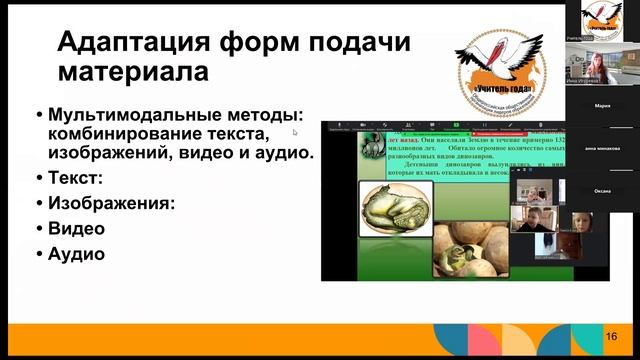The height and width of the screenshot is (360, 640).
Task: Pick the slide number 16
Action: pyautogui.click(x=611, y=336)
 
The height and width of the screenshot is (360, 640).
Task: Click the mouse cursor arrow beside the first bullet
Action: pyautogui.click(x=295, y=131)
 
